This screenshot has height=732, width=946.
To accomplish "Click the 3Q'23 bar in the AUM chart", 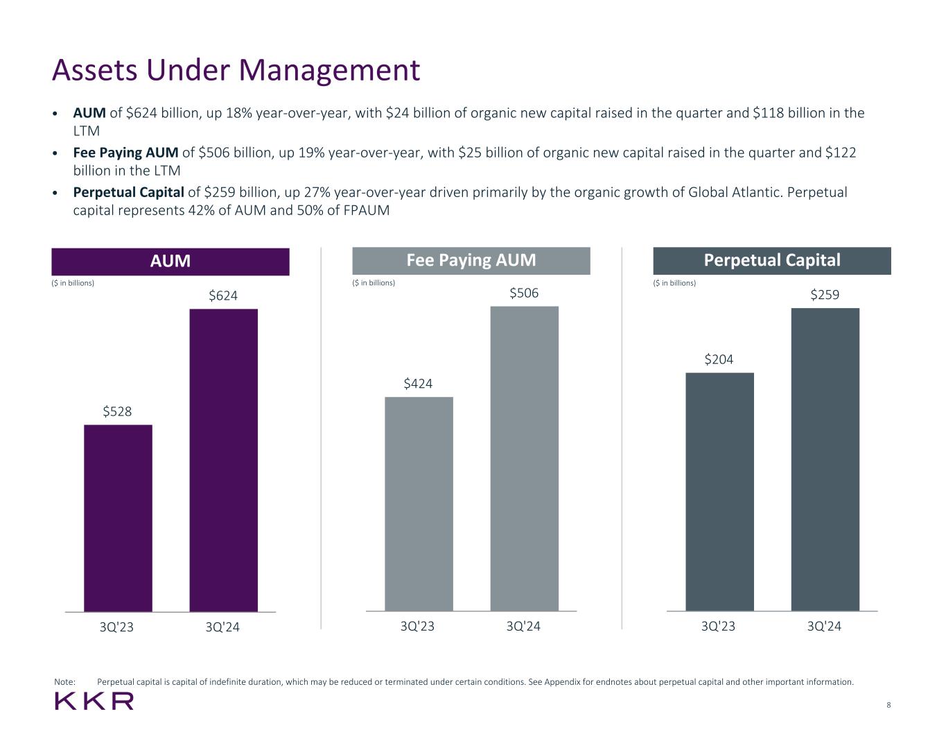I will pyautogui.click(x=118, y=518).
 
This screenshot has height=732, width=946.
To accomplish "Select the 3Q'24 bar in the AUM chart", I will pyautogui.click(x=223, y=460).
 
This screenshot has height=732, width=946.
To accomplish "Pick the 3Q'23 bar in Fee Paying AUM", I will pyautogui.click(x=419, y=504).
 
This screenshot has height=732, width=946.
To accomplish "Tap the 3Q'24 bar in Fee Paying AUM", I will pyautogui.click(x=524, y=459).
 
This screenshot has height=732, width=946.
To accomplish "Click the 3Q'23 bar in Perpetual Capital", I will pyautogui.click(x=719, y=491).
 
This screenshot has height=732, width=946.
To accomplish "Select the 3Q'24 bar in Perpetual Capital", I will pyautogui.click(x=825, y=459).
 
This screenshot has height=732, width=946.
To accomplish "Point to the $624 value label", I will pyautogui.click(x=223, y=296).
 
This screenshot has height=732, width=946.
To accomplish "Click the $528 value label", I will pyautogui.click(x=117, y=411).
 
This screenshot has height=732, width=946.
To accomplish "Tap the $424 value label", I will pyautogui.click(x=418, y=384).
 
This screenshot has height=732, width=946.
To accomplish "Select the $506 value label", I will pyautogui.click(x=524, y=293).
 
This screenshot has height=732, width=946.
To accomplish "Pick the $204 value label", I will pyautogui.click(x=719, y=359).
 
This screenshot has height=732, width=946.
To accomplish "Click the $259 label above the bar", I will pyautogui.click(x=825, y=295).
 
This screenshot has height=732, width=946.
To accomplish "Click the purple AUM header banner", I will pyautogui.click(x=170, y=262).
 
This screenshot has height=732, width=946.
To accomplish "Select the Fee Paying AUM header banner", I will pyautogui.click(x=471, y=261).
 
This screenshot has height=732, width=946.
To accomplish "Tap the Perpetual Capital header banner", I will pyautogui.click(x=772, y=261).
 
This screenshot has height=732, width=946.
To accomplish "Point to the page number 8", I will pyautogui.click(x=888, y=706).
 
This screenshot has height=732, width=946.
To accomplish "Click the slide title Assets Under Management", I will pyautogui.click(x=236, y=70).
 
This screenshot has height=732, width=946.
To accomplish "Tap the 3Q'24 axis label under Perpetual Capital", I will pyautogui.click(x=824, y=627).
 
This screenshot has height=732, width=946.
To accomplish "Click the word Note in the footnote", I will pyautogui.click(x=64, y=682).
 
